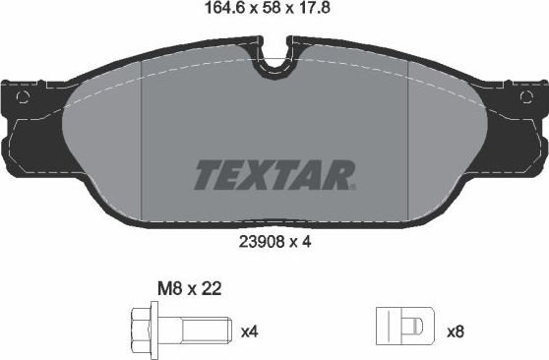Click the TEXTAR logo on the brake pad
pos(274,174)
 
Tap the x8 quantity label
pos(455,332)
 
